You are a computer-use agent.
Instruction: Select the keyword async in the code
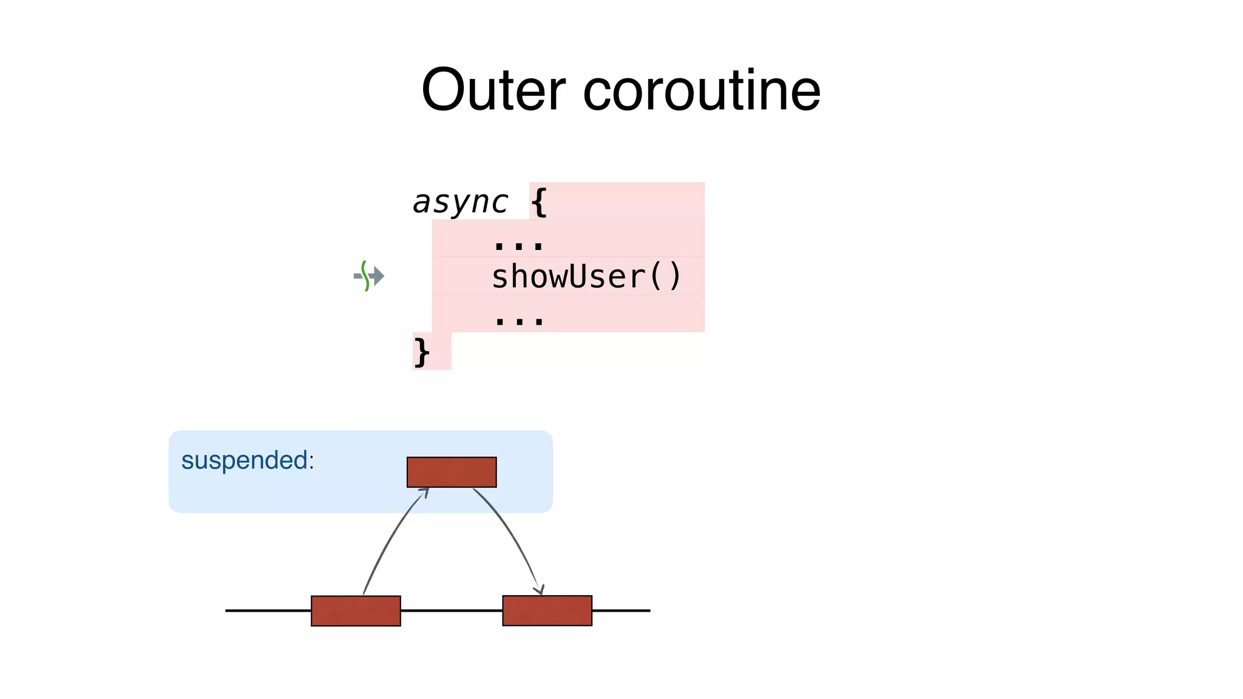point(460,201)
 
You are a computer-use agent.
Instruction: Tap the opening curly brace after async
point(539,202)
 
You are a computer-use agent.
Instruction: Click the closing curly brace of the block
point(421,352)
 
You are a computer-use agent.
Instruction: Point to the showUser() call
point(586,277)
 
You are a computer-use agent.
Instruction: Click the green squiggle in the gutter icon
point(365,275)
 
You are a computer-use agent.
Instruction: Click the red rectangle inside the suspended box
point(452,472)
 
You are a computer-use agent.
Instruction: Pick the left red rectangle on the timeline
point(356,610)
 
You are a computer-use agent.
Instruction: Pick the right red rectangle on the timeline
point(547,610)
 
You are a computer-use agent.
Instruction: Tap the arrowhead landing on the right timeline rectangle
point(539,590)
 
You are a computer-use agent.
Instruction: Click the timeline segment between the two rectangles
point(452,610)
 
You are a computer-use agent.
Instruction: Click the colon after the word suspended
point(311,461)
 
